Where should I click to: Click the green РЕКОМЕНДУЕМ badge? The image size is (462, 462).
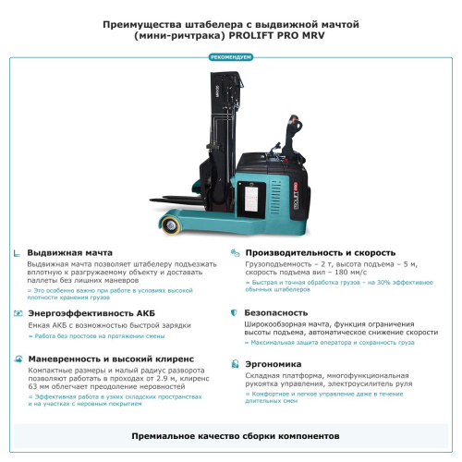point(231,57)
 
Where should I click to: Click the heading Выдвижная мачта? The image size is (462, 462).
point(70,252)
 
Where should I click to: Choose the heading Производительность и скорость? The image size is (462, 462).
point(321,252)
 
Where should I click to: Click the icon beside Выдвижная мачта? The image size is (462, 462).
point(18,252)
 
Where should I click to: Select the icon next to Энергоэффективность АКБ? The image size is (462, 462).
point(18,313)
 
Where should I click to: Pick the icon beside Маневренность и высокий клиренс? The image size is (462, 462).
point(18,358)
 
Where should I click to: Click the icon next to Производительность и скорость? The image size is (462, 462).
point(236,252)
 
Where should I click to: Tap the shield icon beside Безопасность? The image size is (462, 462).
point(236,313)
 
